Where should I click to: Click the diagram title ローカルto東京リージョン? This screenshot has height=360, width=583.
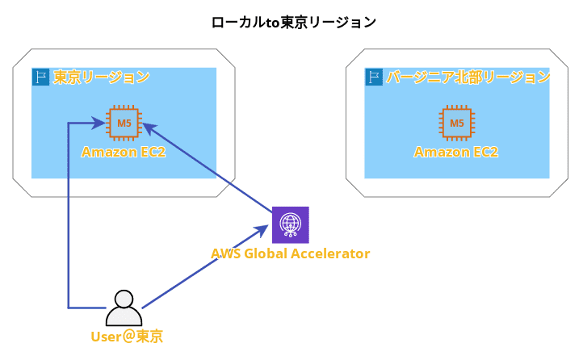(x=294, y=23)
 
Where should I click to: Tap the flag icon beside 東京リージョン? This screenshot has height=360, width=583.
(x=40, y=77)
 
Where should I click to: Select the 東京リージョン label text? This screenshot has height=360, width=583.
(x=101, y=77)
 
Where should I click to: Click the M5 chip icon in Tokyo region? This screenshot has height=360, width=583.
(x=124, y=123)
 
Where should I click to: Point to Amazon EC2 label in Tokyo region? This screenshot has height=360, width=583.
(x=124, y=152)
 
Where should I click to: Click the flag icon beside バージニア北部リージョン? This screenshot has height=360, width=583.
(x=374, y=77)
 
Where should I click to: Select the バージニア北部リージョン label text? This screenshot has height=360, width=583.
(x=468, y=77)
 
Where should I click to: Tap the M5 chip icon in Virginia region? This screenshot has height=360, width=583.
(x=457, y=123)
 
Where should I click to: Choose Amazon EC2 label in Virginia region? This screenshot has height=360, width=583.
(x=456, y=152)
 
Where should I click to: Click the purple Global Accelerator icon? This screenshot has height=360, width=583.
(x=291, y=224)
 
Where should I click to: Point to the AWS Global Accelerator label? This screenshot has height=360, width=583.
(x=291, y=253)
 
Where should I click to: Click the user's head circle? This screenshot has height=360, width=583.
(x=124, y=299)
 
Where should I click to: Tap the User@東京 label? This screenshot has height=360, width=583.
(x=127, y=337)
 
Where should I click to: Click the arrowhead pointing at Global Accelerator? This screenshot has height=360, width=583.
(x=262, y=230)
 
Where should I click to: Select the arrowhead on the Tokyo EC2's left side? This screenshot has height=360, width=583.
(x=99, y=123)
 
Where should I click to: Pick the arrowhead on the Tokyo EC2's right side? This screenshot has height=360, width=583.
(x=149, y=128)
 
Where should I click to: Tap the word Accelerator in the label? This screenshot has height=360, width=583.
(x=330, y=253)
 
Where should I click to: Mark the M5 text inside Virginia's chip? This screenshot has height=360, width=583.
(x=457, y=123)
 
